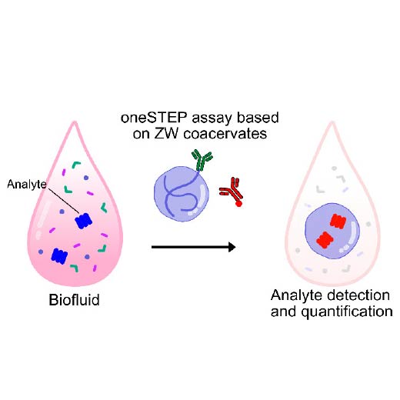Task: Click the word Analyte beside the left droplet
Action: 27,185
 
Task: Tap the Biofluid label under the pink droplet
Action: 74,299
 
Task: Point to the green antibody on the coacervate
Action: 202,160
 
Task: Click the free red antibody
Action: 232,192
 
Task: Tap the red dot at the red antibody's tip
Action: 238,204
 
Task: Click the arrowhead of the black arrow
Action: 232,247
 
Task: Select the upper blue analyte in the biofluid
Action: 83,221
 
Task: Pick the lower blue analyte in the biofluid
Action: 59,255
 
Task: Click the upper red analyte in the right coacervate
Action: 338,221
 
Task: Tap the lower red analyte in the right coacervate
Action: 325,240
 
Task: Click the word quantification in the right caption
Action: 347,312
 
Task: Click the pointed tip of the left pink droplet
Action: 75,122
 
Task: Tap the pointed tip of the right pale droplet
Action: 332,122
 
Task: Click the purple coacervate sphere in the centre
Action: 182,194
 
